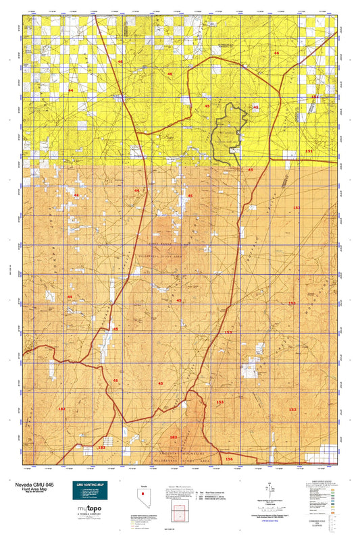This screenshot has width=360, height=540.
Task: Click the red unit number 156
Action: click(x=229, y=459)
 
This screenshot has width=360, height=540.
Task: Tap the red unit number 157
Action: click(x=228, y=333)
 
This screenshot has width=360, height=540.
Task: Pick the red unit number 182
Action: click(x=61, y=409)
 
